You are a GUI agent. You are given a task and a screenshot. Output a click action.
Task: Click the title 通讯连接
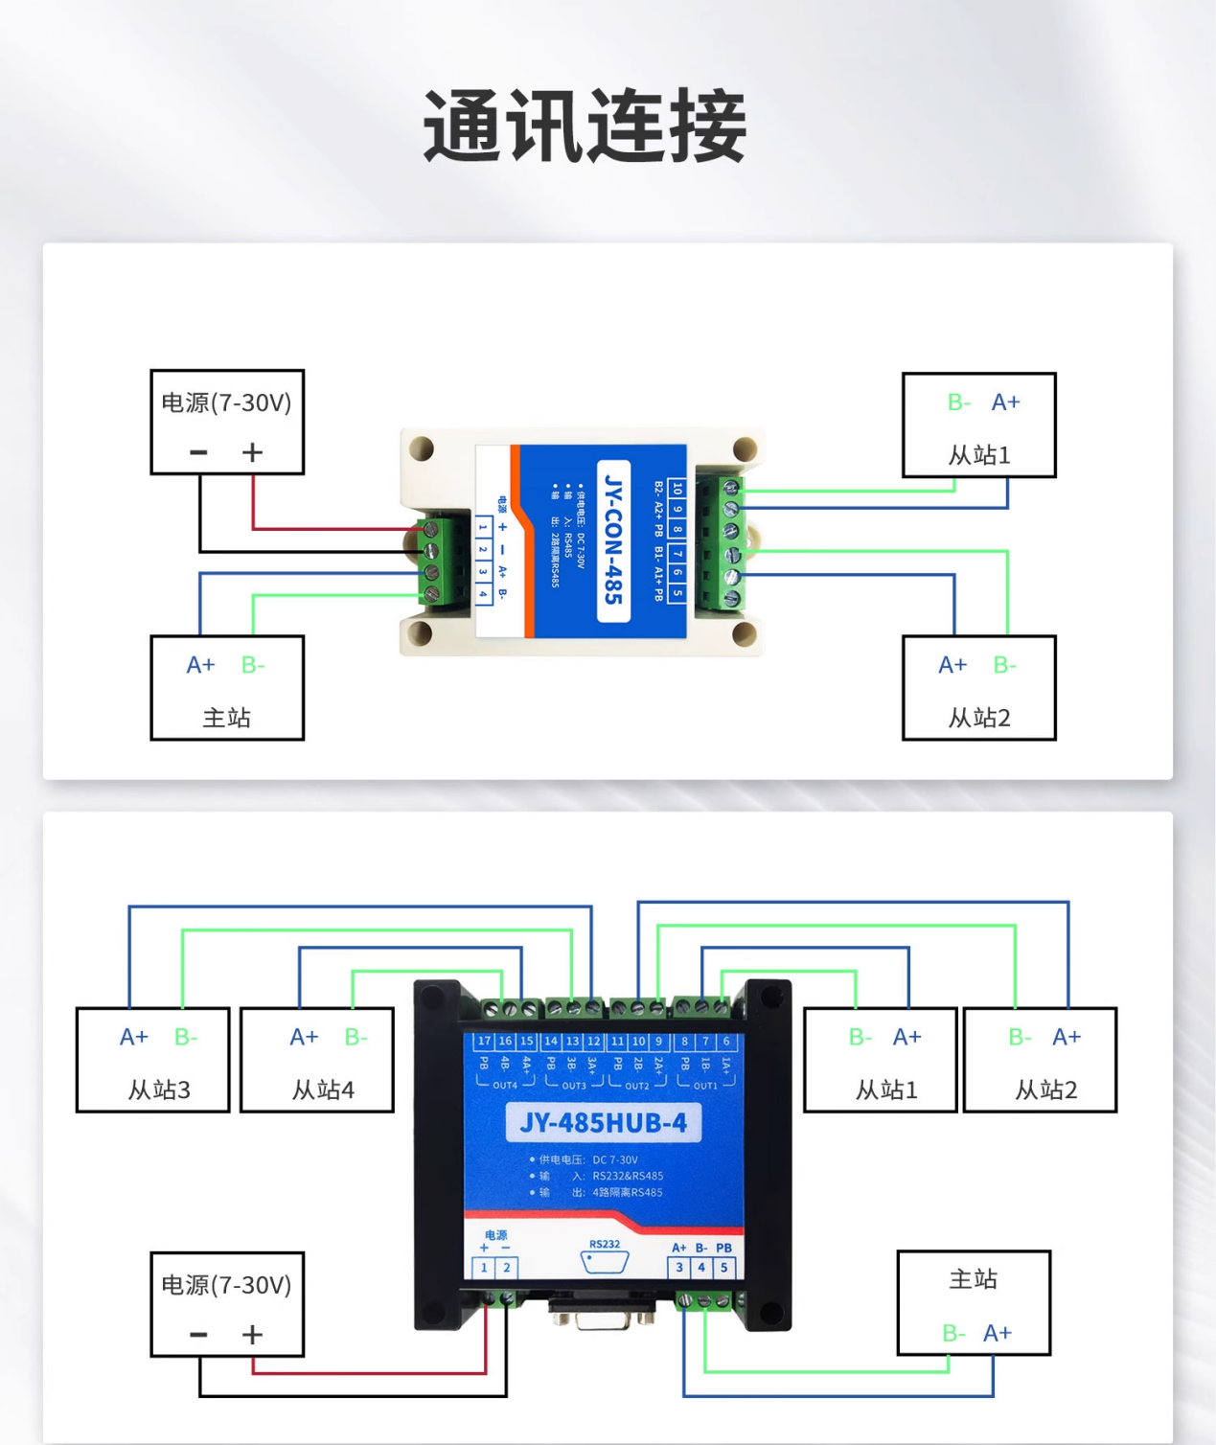click(585, 126)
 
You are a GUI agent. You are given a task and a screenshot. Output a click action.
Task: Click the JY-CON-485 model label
click(613, 540)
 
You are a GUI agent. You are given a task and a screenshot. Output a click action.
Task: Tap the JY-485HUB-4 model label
click(603, 1123)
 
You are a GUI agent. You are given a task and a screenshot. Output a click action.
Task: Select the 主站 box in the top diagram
click(227, 688)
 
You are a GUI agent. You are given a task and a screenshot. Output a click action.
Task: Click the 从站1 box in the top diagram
click(978, 425)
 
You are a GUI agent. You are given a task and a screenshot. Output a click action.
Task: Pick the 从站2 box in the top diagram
click(978, 688)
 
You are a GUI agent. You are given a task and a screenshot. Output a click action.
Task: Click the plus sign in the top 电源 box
click(252, 452)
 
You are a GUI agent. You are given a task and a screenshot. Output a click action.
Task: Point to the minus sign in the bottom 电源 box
click(198, 1335)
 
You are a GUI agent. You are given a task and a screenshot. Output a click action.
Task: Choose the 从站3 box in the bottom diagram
click(153, 1060)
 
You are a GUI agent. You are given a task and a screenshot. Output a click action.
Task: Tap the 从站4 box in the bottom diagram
click(317, 1060)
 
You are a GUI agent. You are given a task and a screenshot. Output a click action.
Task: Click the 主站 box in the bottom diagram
click(974, 1302)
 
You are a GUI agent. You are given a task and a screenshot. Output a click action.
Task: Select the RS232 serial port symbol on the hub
click(605, 1261)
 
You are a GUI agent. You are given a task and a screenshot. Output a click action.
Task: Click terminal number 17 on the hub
click(484, 1041)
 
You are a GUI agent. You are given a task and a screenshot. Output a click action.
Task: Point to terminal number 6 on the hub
click(726, 1041)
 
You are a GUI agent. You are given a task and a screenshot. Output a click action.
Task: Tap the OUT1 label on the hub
click(705, 1086)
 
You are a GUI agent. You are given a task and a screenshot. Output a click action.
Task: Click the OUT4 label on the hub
click(505, 1086)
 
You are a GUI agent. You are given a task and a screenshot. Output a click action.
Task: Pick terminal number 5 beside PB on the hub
click(723, 1268)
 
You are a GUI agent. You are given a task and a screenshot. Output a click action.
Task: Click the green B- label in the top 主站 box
click(252, 665)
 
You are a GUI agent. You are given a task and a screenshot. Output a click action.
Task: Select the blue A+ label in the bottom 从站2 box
click(1066, 1037)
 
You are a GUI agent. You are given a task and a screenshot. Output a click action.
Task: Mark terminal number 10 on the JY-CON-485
click(677, 488)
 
